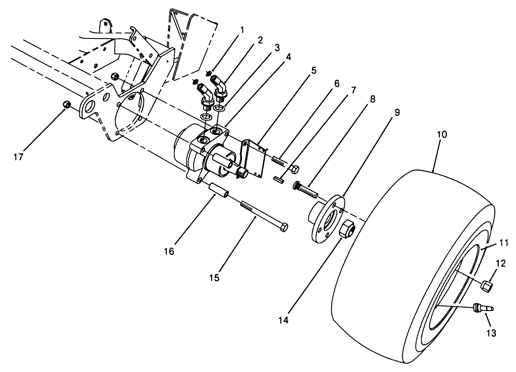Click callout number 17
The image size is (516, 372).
click(x=18, y=157)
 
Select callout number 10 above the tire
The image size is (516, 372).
click(x=442, y=134)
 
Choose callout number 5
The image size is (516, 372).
click(x=313, y=70)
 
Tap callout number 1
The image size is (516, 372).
click(x=241, y=30)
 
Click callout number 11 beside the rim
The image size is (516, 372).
click(x=504, y=242)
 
